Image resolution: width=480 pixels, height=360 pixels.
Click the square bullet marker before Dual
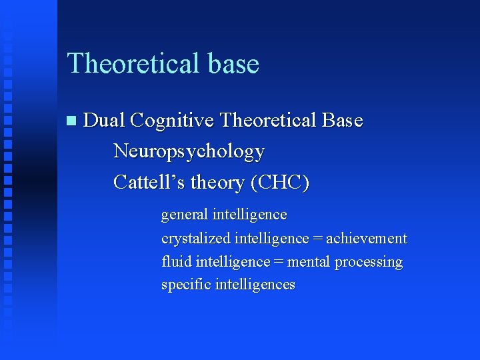71,121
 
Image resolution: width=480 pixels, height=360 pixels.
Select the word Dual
105,121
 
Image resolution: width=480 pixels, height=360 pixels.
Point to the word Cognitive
173,121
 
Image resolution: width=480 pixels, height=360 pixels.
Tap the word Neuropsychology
189,152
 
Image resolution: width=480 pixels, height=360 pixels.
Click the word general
184,215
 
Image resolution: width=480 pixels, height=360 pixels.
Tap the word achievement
366,239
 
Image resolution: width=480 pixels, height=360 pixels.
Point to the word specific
185,285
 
